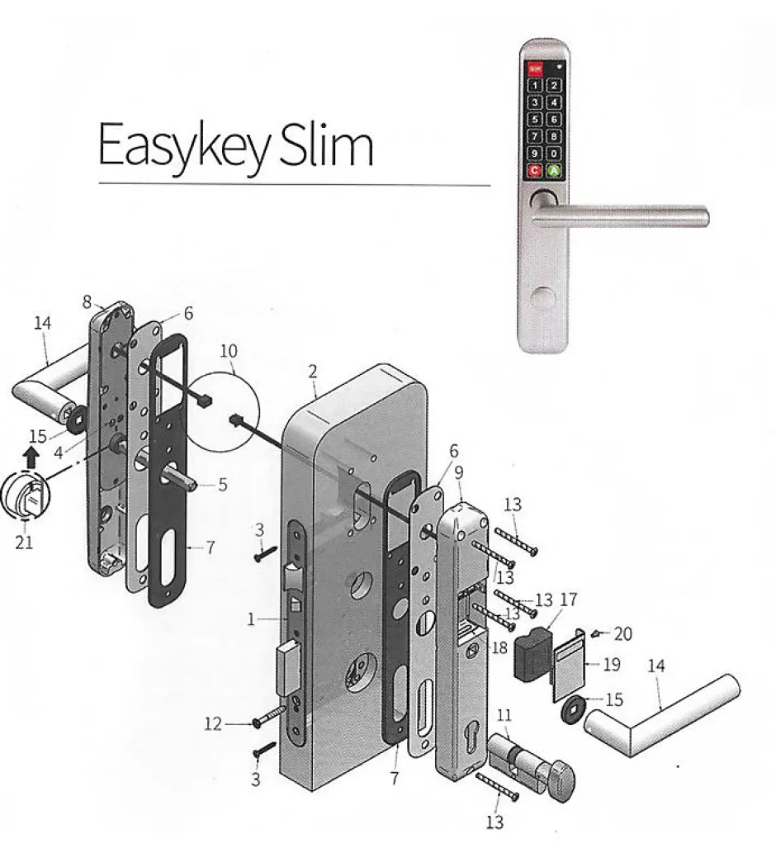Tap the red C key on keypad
[x=534, y=172]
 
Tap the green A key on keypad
[x=554, y=172]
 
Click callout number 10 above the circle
[x=229, y=352]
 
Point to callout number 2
[x=312, y=372]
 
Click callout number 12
[x=214, y=725]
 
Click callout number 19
[x=612, y=665]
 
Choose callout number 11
[x=505, y=714]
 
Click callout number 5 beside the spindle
[x=222, y=485]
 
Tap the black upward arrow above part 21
[x=31, y=453]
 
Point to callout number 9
[x=458, y=473]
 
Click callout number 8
[x=87, y=303]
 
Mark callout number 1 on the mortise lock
[x=252, y=618]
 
